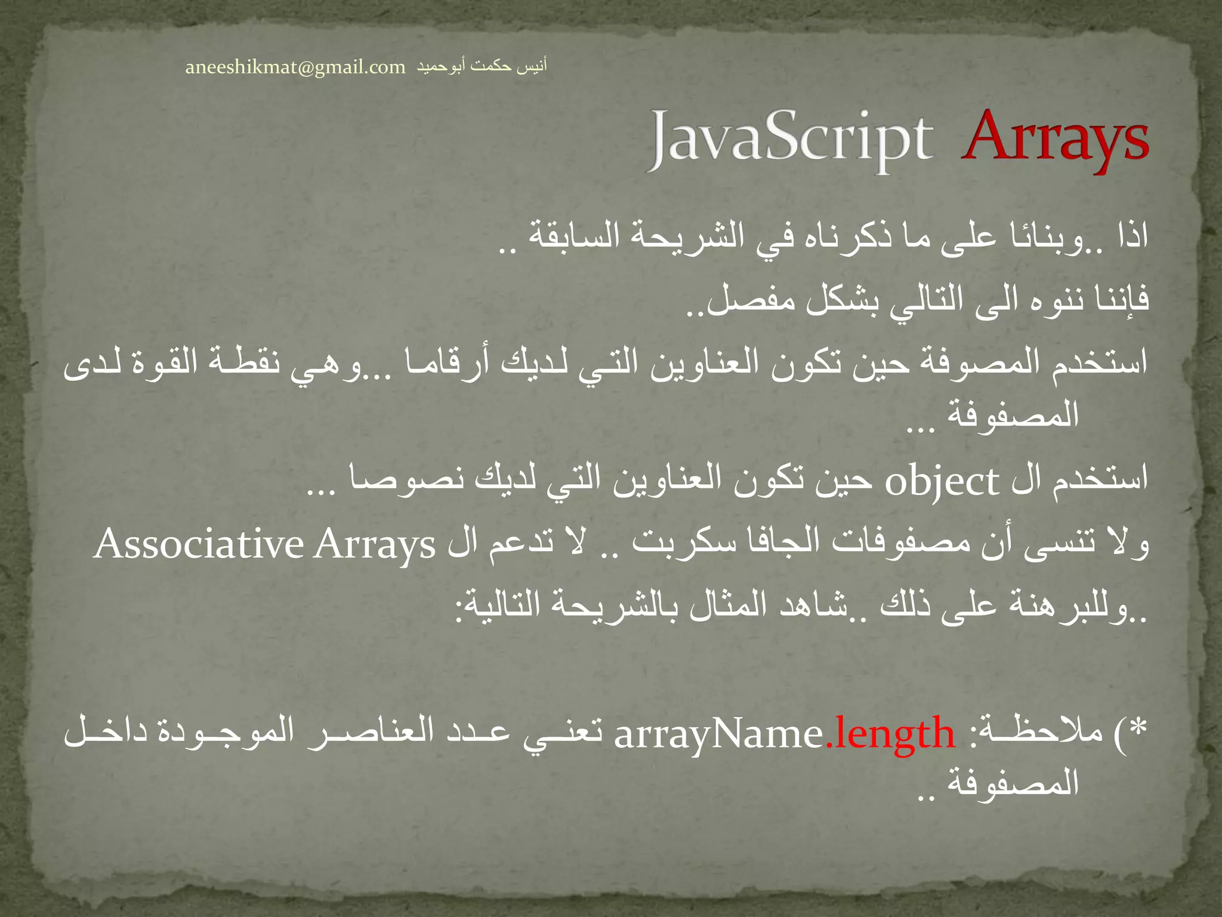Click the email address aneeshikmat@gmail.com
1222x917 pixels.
click(x=295, y=67)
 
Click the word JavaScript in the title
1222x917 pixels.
click(x=790, y=140)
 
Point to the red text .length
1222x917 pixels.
click(x=890, y=734)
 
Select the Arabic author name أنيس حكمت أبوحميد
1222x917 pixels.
click(x=481, y=66)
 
